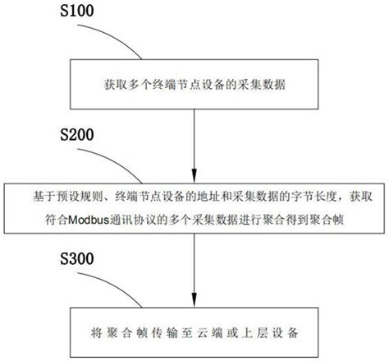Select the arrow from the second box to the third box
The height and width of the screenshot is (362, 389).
(195, 271)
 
